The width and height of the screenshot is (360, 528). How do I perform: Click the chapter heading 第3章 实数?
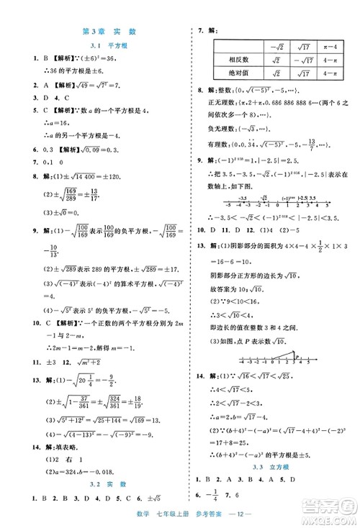(109, 32)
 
